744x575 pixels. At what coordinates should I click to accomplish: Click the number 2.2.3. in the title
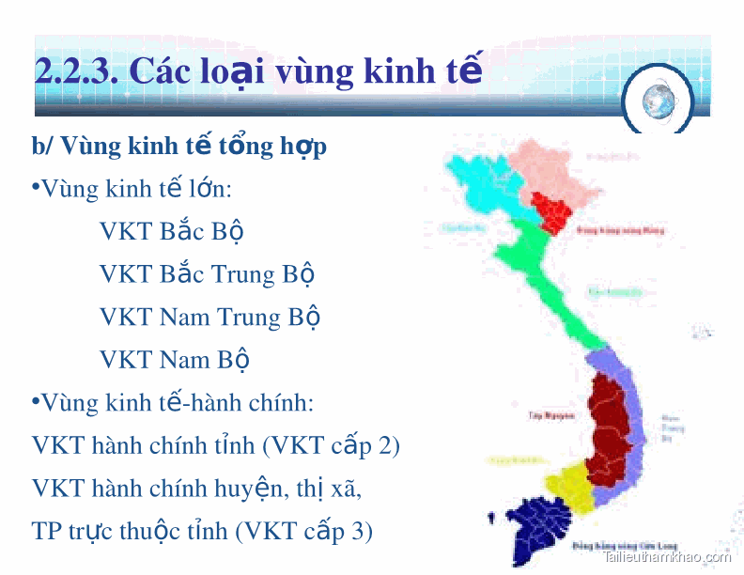(75, 71)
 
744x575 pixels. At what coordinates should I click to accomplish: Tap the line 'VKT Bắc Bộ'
(173, 231)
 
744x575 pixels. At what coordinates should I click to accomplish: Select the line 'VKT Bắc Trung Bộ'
(207, 274)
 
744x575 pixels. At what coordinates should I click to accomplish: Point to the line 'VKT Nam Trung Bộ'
(209, 317)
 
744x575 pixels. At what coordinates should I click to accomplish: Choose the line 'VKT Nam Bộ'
(175, 360)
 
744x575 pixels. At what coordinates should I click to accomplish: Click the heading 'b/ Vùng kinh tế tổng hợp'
(179, 147)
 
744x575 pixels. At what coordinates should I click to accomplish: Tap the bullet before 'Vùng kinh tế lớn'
(36, 188)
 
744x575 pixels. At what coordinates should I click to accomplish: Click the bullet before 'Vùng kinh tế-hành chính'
(36, 401)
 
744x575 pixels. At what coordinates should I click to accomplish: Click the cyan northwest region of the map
(479, 183)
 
